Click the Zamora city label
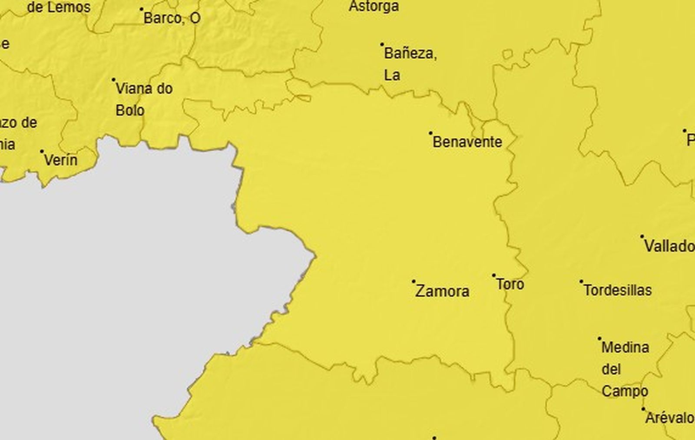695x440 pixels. click(x=442, y=291)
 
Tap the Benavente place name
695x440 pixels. click(x=467, y=142)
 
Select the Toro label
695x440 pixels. click(x=510, y=285)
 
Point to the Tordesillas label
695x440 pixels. click(x=617, y=290)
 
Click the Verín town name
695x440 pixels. click(x=61, y=160)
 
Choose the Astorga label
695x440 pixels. click(x=374, y=7)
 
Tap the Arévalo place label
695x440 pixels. click(x=669, y=418)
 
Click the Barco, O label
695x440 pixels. click(x=172, y=18)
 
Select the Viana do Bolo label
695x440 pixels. click(x=144, y=99)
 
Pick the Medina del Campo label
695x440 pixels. click(x=625, y=369)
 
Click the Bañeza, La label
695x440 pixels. click(x=410, y=64)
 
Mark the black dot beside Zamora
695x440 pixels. click(x=414, y=281)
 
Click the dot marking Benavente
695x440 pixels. click(x=431, y=133)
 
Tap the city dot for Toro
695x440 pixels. click(x=494, y=275)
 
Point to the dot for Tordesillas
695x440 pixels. click(x=581, y=281)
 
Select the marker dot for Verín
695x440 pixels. click(x=42, y=152)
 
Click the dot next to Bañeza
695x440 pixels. click(x=382, y=44)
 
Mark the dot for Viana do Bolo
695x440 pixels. click(x=114, y=80)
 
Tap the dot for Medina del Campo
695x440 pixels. click(x=600, y=338)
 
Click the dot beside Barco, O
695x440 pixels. click(x=142, y=9)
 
